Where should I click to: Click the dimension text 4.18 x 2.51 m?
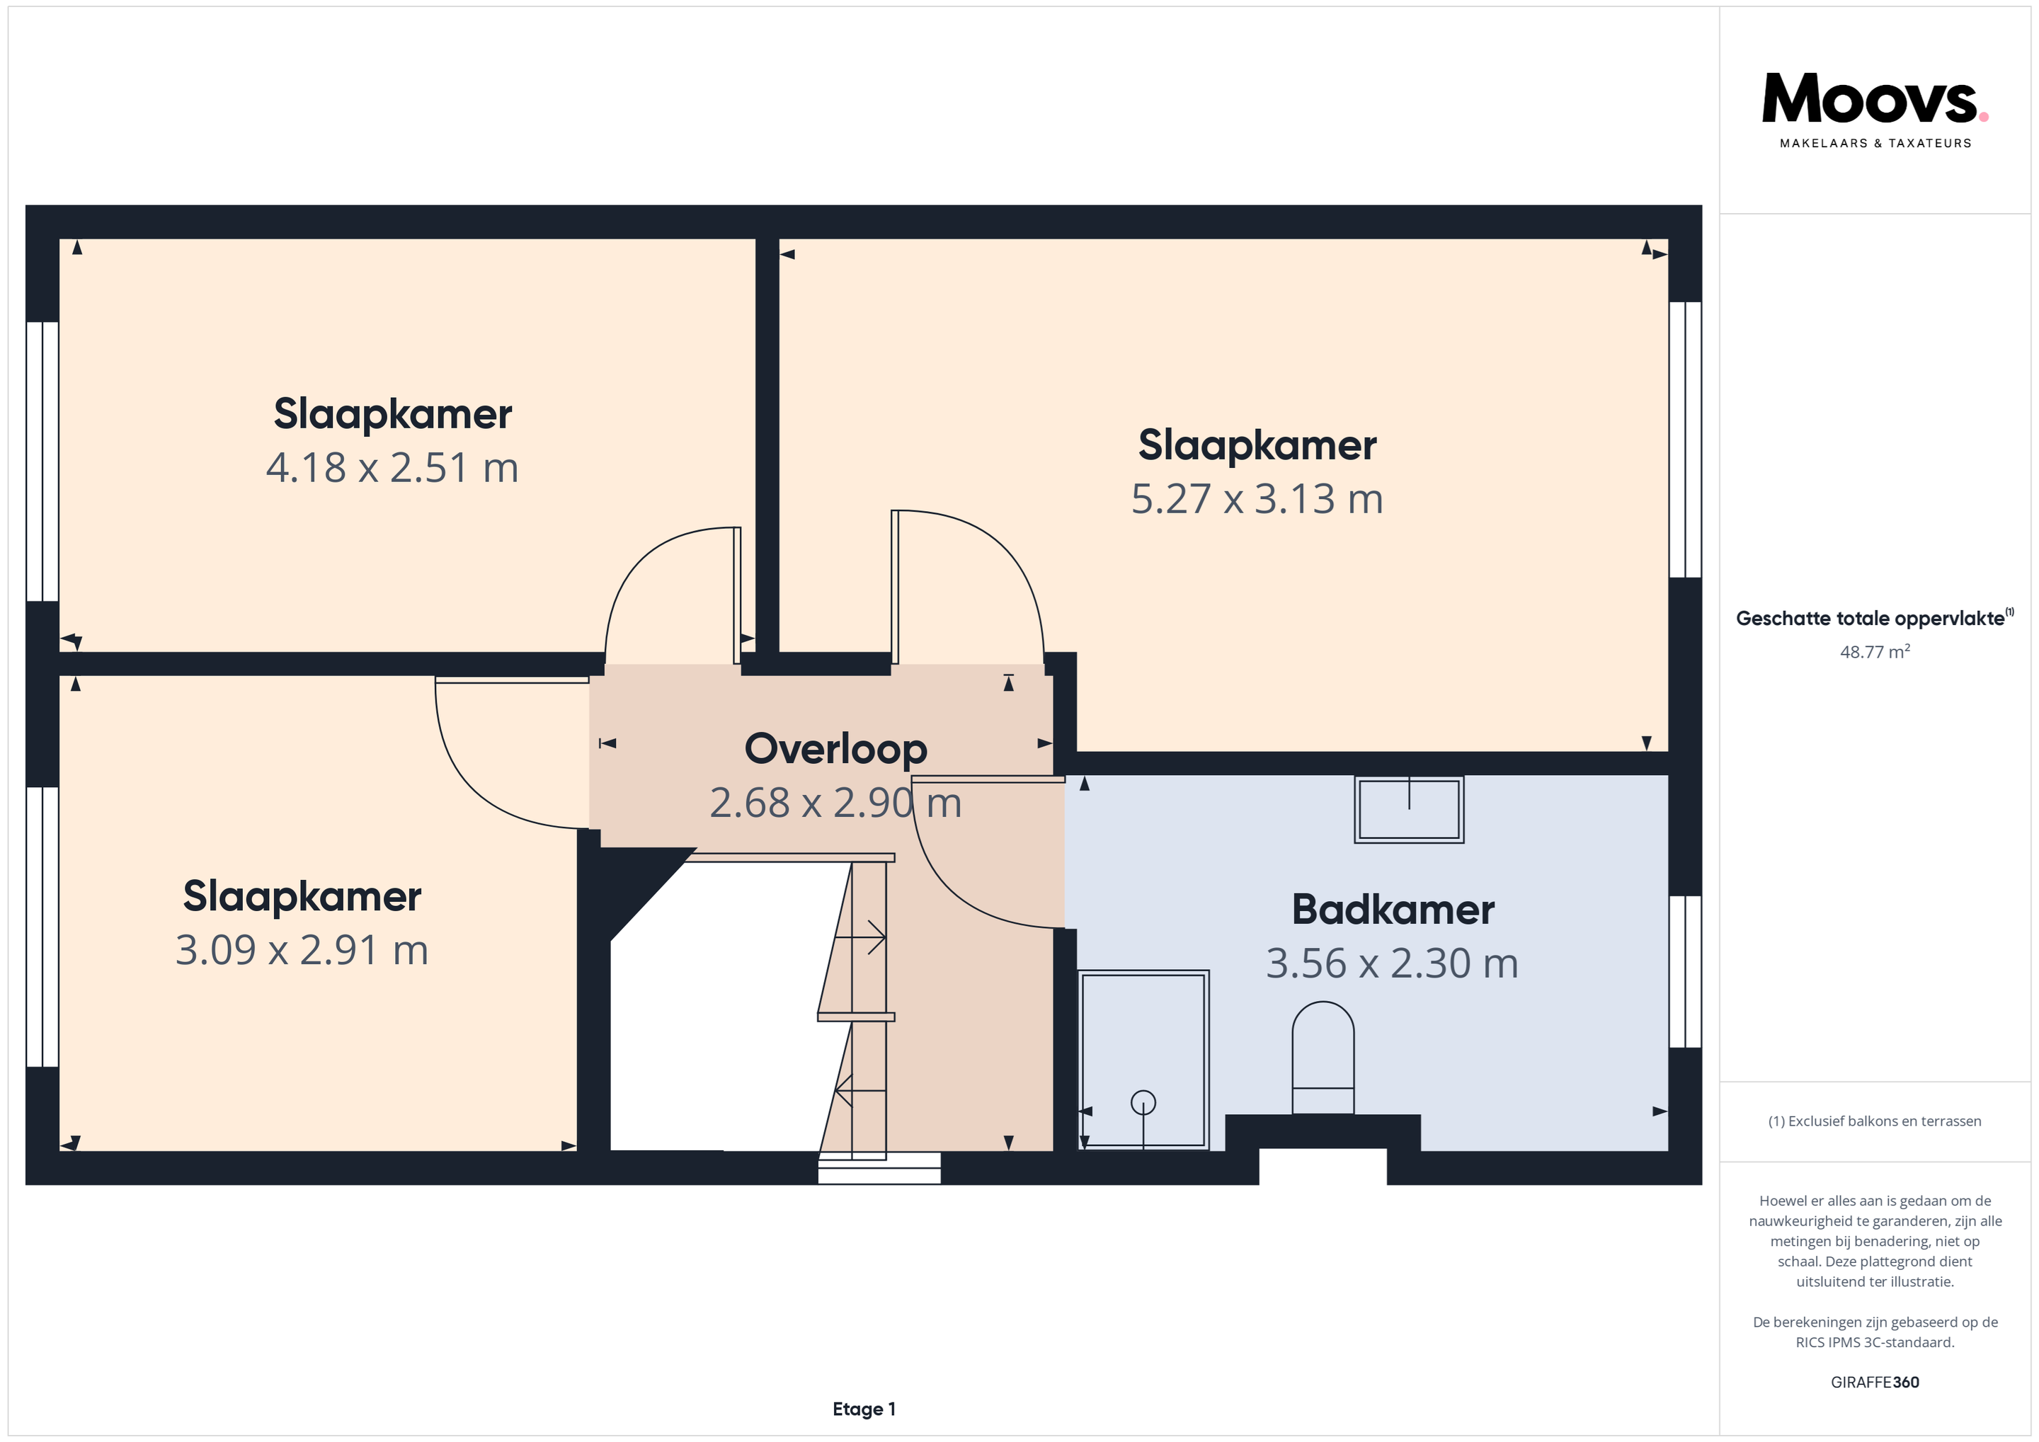pos(392,468)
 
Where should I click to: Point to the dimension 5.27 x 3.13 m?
pos(1257,499)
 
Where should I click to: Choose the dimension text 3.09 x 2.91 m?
pos(302,950)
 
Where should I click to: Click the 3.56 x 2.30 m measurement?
pos(1392,963)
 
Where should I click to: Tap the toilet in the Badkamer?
pos(1323,1058)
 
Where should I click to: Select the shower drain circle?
pos(1143,1102)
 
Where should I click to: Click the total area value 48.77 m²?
pos(1875,652)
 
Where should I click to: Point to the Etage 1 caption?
pos(864,1409)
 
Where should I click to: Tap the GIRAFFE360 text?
pos(1875,1383)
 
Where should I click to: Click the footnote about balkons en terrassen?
pos(1875,1121)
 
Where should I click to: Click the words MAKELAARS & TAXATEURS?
pos(1875,143)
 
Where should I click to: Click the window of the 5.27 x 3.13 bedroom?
pos(1685,440)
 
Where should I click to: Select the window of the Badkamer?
pos(1685,971)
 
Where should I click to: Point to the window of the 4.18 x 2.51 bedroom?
pos(42,461)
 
